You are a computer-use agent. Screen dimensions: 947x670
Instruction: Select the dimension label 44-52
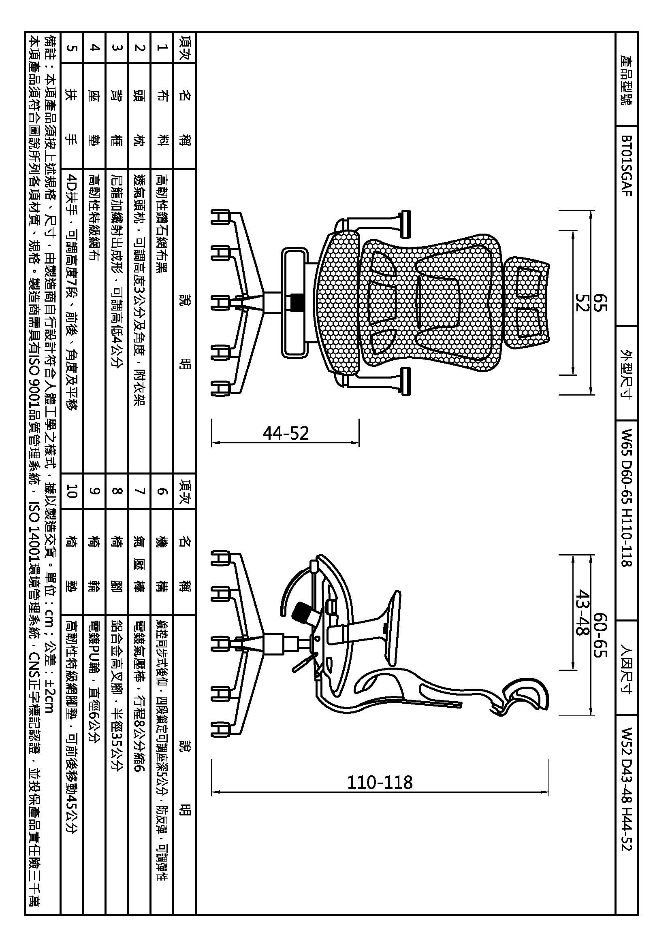click(286, 433)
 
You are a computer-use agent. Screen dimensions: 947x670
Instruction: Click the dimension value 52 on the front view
click(582, 302)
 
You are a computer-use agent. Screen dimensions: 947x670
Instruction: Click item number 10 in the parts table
click(72, 491)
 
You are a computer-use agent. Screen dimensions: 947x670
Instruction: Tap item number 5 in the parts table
click(72, 48)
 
